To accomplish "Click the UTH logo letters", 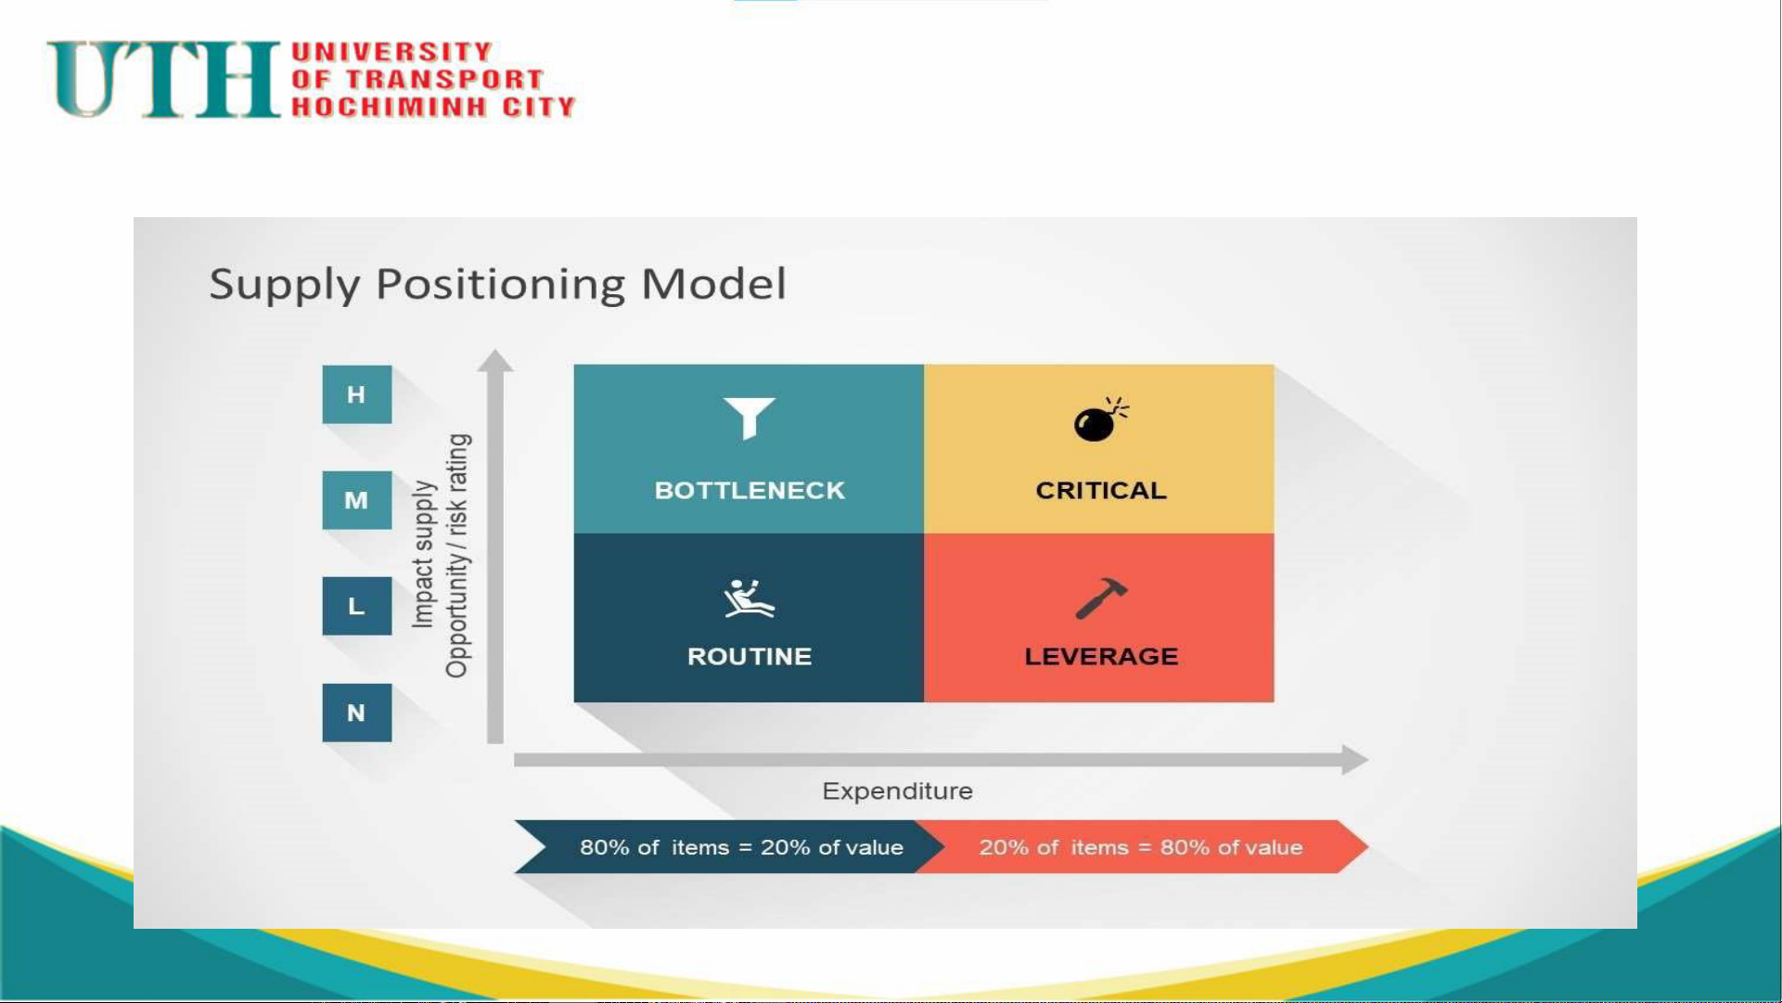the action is point(164,79).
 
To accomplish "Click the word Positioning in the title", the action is point(500,285).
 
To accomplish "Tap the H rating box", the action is point(357,394).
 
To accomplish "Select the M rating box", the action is point(357,500).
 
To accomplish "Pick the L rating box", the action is point(357,606).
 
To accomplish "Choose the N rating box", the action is point(357,713).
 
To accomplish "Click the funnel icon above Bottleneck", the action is point(749,418).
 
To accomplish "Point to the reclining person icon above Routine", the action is point(749,598).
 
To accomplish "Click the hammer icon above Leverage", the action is point(1101,598).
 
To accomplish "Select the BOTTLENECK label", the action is point(750,490).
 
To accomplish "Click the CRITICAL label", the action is point(1101,490).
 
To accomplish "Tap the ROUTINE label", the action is point(750,656).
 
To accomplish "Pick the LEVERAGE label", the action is point(1101,656).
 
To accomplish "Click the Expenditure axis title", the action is point(897,791).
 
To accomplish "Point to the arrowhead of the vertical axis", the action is point(495,361).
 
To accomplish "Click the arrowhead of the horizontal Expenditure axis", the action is point(1355,759).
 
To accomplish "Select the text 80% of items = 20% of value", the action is point(741,847).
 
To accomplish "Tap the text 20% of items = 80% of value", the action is point(1141,847).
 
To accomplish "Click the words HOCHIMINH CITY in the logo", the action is point(434,107).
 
